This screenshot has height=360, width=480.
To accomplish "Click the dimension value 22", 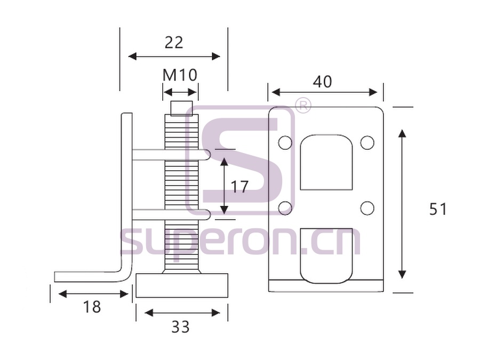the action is tap(174, 43).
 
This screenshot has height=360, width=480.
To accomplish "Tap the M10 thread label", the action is tap(180, 75).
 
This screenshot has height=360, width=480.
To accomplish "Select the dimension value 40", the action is tap(322, 82).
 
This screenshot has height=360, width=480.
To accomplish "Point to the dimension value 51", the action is tap(438, 210).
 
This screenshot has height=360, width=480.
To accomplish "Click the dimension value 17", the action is tap(239, 187).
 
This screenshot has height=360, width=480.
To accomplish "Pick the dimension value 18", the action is tap(92, 307).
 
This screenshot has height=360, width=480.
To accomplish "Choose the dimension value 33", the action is tap(180, 327).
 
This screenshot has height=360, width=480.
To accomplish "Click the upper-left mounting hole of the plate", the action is tap(285, 142).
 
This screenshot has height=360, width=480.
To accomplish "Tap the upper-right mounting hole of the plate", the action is tap(367, 142).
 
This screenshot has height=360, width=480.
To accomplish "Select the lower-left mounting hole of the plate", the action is tap(285, 208).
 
